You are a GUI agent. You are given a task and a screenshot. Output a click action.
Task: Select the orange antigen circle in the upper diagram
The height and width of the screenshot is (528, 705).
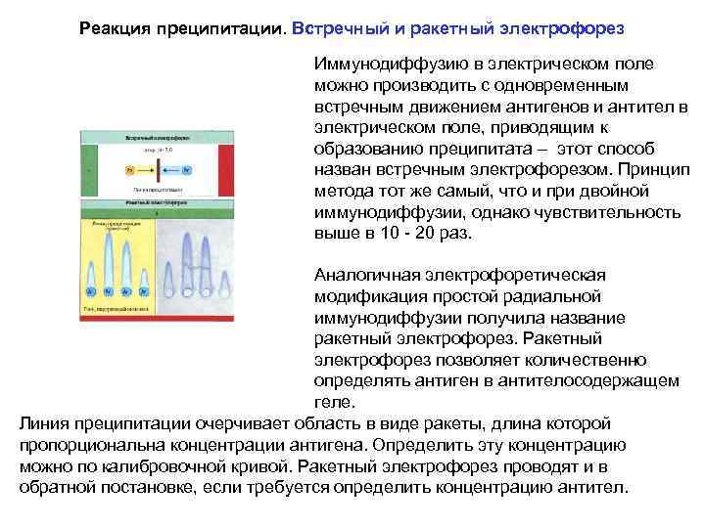pyautogui.click(x=130, y=169)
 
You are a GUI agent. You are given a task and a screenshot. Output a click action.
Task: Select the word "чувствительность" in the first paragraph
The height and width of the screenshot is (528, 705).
pyautogui.click(x=605, y=212)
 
